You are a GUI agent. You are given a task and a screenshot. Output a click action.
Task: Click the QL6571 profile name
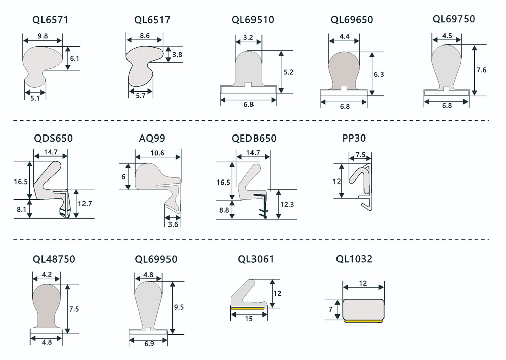point(50,20)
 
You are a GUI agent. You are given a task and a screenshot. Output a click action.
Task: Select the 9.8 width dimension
point(43,36)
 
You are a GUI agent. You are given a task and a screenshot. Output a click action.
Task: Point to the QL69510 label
point(253,20)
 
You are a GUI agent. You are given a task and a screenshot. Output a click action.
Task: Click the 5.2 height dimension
point(289,72)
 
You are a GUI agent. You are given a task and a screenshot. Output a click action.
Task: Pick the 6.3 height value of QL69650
point(378,74)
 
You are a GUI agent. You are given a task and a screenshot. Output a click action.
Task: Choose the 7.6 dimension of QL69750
point(481,70)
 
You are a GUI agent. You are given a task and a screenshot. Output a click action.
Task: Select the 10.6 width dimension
point(157,153)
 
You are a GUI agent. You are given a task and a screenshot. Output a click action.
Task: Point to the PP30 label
point(354,138)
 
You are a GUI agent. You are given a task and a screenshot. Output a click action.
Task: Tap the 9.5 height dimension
point(178,307)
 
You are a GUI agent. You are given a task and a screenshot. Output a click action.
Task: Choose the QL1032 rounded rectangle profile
point(363,308)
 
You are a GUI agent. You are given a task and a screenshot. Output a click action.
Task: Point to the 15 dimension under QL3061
point(249,318)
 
